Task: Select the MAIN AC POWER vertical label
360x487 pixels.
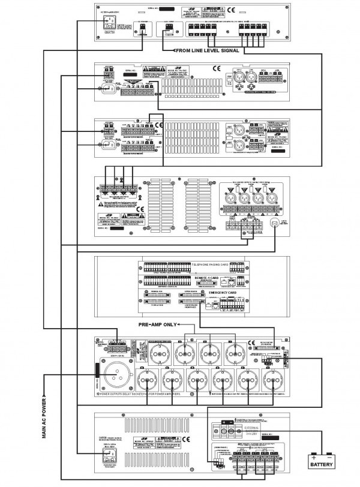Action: tap(44, 420)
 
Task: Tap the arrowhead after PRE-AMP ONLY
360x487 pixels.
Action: tap(182, 325)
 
